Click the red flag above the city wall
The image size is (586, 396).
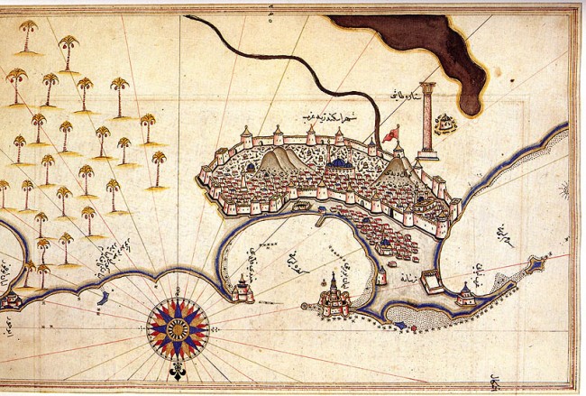390,134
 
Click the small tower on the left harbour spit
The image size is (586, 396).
241,289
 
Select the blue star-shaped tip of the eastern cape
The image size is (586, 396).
537,265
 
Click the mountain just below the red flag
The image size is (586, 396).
397,167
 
